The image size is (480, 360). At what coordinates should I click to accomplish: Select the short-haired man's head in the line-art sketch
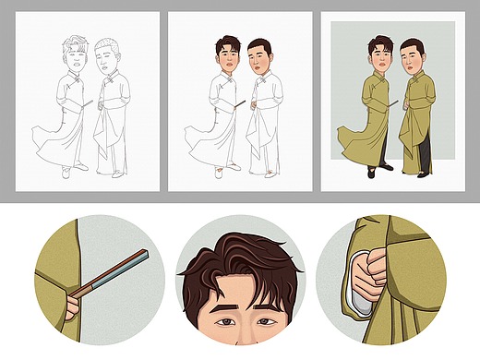[109, 60]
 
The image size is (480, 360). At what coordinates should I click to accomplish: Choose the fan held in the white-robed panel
[239, 104]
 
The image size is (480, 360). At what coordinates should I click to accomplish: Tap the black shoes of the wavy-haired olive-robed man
[378, 170]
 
